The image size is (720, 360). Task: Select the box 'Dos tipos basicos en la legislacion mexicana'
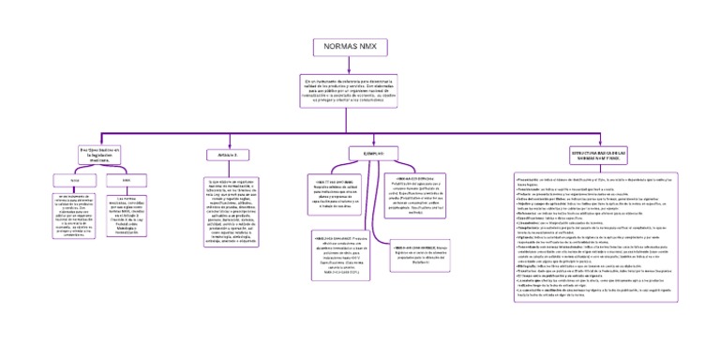(106, 154)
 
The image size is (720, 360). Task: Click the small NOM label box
(74, 178)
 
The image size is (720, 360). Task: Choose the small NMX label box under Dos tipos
(126, 178)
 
